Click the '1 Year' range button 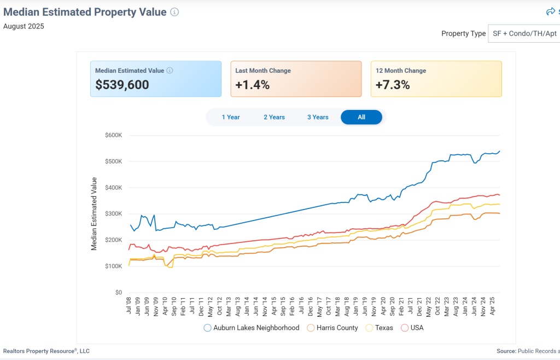click(x=231, y=117)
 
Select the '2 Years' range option click(x=274, y=117)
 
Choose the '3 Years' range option click(x=318, y=117)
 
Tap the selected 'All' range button click(x=361, y=117)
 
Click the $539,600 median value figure click(x=122, y=85)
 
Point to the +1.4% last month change click(x=252, y=85)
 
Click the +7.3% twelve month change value click(x=393, y=85)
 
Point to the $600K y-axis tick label click(x=113, y=135)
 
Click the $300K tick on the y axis click(x=113, y=214)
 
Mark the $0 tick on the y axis click(x=118, y=293)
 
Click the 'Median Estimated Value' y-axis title click(x=94, y=214)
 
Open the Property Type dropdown click(x=523, y=33)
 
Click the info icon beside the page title click(x=174, y=12)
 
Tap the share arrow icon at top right click(x=550, y=11)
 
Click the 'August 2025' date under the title click(x=24, y=26)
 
